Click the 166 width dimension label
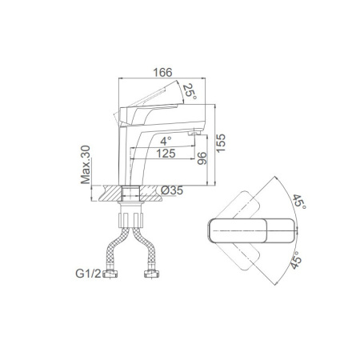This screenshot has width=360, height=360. tap(162, 73)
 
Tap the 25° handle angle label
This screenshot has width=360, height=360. tap(190, 91)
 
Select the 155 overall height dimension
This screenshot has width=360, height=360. tap(221, 143)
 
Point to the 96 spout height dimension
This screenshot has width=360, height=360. tap(202, 158)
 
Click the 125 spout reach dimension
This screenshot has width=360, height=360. tap(166, 154)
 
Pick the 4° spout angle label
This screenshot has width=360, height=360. tap(166, 141)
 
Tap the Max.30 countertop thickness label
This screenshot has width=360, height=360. tap(86, 165)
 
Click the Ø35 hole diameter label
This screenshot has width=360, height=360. tap(172, 190)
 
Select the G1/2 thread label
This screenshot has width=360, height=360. tap(88, 274)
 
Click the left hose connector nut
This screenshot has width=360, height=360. tap(110, 274)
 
